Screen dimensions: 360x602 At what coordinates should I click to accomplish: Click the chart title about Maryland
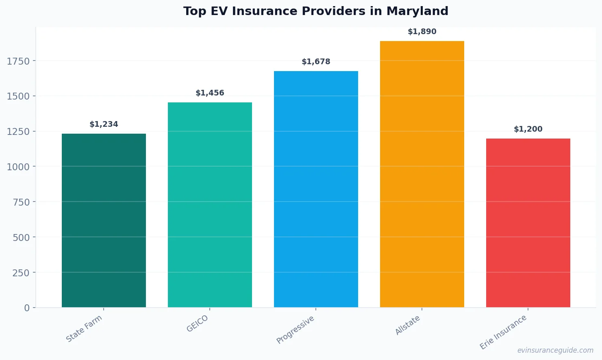tap(315, 11)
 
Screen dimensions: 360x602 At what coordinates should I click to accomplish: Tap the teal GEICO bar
tap(210, 205)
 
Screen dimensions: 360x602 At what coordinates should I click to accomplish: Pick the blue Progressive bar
tap(316, 189)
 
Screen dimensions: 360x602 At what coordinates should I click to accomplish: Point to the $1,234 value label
tap(104, 124)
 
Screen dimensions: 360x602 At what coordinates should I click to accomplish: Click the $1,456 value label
tap(210, 93)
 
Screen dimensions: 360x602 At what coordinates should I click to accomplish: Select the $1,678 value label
tap(316, 62)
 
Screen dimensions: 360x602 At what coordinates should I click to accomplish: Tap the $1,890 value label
tap(422, 32)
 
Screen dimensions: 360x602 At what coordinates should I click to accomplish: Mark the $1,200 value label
tap(528, 129)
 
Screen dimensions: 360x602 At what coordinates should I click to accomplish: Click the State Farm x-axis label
tap(85, 329)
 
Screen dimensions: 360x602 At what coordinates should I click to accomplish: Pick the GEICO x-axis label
tap(198, 324)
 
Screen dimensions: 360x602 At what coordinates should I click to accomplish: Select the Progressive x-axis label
tap(296, 330)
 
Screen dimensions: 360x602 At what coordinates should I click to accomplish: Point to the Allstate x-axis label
tap(408, 325)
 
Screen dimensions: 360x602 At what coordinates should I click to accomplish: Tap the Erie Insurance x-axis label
tap(503, 332)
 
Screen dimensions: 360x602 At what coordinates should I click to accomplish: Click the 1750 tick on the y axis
tap(18, 61)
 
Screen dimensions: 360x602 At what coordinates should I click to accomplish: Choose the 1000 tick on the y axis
tap(18, 167)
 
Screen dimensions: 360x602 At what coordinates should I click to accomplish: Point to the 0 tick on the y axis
tap(27, 308)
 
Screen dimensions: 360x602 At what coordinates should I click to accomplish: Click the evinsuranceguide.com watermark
tap(555, 350)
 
